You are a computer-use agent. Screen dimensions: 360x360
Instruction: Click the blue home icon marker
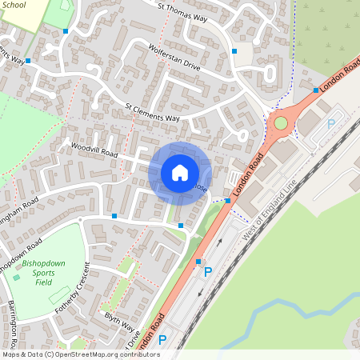[x=179, y=173]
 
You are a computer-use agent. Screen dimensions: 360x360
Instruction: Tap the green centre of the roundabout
[x=281, y=123]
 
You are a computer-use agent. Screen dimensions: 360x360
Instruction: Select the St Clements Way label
[x=153, y=113]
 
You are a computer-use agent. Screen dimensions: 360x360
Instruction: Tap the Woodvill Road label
[x=94, y=150]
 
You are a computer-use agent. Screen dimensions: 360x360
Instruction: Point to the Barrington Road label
[x=20, y=318]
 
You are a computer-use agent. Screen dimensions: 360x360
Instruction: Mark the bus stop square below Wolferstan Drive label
[x=234, y=52]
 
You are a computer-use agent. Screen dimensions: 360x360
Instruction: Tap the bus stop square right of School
[x=66, y=30]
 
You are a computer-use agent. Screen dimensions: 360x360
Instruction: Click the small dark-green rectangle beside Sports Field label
[x=18, y=277]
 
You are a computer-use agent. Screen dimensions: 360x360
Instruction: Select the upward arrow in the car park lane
[x=220, y=242]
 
